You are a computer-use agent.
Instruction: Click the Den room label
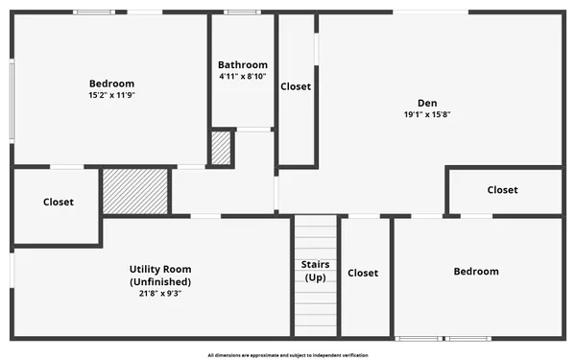(x=427, y=103)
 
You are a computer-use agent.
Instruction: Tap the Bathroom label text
(x=242, y=65)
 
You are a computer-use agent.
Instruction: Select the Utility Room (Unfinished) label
(x=160, y=276)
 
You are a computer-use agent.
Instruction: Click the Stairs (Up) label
(x=316, y=271)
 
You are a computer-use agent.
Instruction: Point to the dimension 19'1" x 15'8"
(x=427, y=114)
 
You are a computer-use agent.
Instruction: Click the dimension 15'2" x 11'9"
(x=111, y=95)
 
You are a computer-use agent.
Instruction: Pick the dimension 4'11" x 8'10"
(x=242, y=77)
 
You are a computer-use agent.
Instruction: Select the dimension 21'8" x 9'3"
(x=160, y=294)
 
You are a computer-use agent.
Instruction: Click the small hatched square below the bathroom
(x=222, y=148)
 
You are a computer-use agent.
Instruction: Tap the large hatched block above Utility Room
(x=135, y=190)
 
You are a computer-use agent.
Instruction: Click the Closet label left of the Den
(x=296, y=86)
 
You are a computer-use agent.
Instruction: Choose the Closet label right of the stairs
(x=363, y=273)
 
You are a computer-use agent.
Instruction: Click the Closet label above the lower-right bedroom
(x=502, y=190)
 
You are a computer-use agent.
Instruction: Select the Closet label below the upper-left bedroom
(x=58, y=202)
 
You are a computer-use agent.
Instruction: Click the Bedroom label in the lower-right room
(x=476, y=272)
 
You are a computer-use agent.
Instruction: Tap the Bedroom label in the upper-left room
(x=111, y=84)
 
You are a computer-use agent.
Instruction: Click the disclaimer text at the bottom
(x=288, y=354)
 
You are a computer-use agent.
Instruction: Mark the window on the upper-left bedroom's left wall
(x=12, y=89)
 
